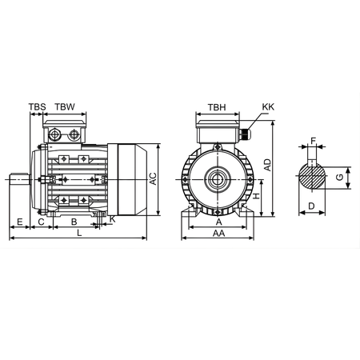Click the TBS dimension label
[37, 106]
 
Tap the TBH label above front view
[216, 106]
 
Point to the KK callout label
[267, 106]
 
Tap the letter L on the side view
[78, 233]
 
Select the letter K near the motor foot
[113, 218]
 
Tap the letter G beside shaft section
[339, 177]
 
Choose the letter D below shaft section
[311, 206]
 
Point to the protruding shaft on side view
[20, 180]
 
